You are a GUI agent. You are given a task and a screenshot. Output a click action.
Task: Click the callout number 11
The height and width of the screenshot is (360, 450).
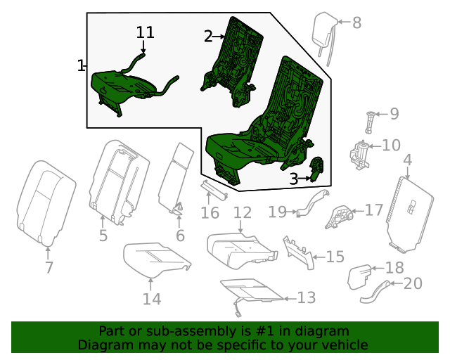(145, 32)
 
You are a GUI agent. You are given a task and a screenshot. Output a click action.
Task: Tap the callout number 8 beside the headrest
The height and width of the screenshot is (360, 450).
(356, 22)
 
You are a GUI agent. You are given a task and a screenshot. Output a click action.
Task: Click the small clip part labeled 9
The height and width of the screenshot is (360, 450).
(370, 120)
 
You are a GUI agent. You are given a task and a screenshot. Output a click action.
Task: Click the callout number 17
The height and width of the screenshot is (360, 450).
(373, 210)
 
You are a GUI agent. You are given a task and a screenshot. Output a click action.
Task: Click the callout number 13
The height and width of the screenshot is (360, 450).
(307, 298)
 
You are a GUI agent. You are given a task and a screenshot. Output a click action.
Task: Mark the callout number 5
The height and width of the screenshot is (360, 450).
(103, 236)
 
